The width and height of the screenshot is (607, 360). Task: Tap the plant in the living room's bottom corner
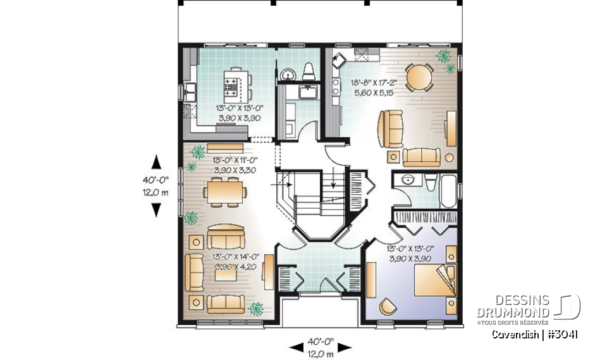click(257, 309)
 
